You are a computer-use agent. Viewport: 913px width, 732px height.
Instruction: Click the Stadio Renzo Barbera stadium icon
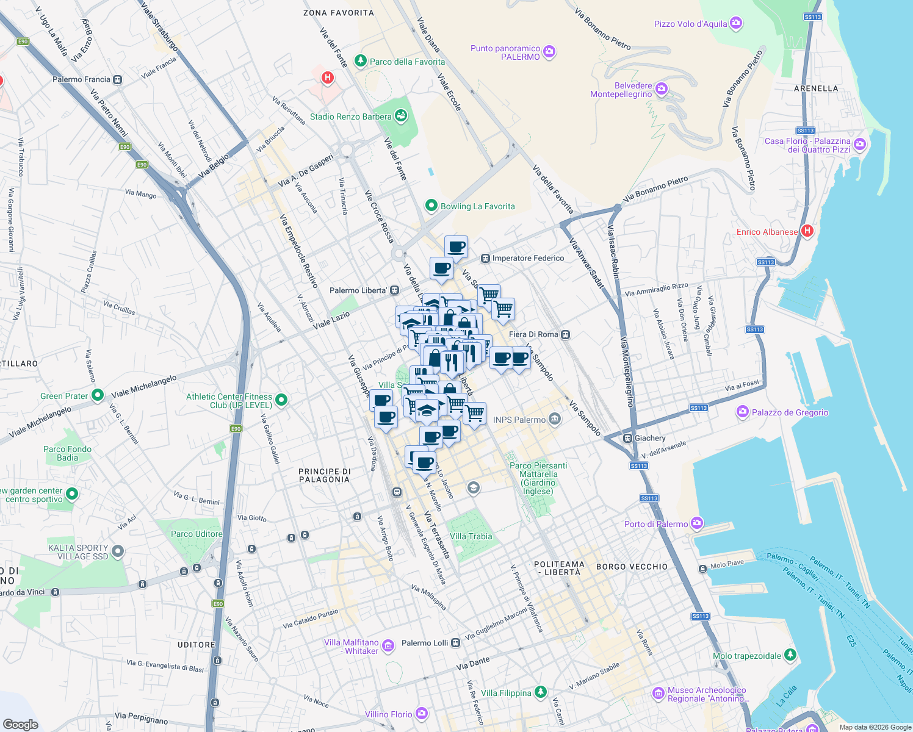401,115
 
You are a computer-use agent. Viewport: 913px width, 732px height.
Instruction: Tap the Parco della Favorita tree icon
361,61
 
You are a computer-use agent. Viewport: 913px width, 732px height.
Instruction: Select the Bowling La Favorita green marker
431,206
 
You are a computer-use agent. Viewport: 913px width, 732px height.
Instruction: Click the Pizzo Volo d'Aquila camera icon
736,23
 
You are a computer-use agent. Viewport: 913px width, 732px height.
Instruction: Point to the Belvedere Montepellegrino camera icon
662,90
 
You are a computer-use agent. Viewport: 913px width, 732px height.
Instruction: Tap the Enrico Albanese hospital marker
807,231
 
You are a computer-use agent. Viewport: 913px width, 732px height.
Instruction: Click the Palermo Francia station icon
118,79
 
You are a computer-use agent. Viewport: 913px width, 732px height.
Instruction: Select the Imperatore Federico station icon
485,258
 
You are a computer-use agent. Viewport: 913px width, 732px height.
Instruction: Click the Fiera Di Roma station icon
566,334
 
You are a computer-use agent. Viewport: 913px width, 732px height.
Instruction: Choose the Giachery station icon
627,438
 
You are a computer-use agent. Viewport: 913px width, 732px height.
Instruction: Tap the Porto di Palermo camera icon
697,523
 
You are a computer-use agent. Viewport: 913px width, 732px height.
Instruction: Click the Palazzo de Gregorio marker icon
743,412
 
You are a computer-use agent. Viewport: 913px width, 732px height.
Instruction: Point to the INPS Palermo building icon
555,418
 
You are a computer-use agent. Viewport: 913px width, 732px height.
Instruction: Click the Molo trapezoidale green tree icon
790,655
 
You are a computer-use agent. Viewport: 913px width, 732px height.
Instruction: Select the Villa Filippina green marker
540,692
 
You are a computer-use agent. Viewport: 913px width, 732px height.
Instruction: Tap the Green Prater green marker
98,395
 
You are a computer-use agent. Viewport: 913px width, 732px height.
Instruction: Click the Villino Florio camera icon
422,713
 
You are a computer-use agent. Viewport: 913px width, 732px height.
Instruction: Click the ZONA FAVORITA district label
338,13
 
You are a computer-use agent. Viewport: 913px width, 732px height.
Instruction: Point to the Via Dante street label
473,664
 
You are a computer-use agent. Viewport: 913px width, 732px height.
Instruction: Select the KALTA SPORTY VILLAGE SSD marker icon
118,551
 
